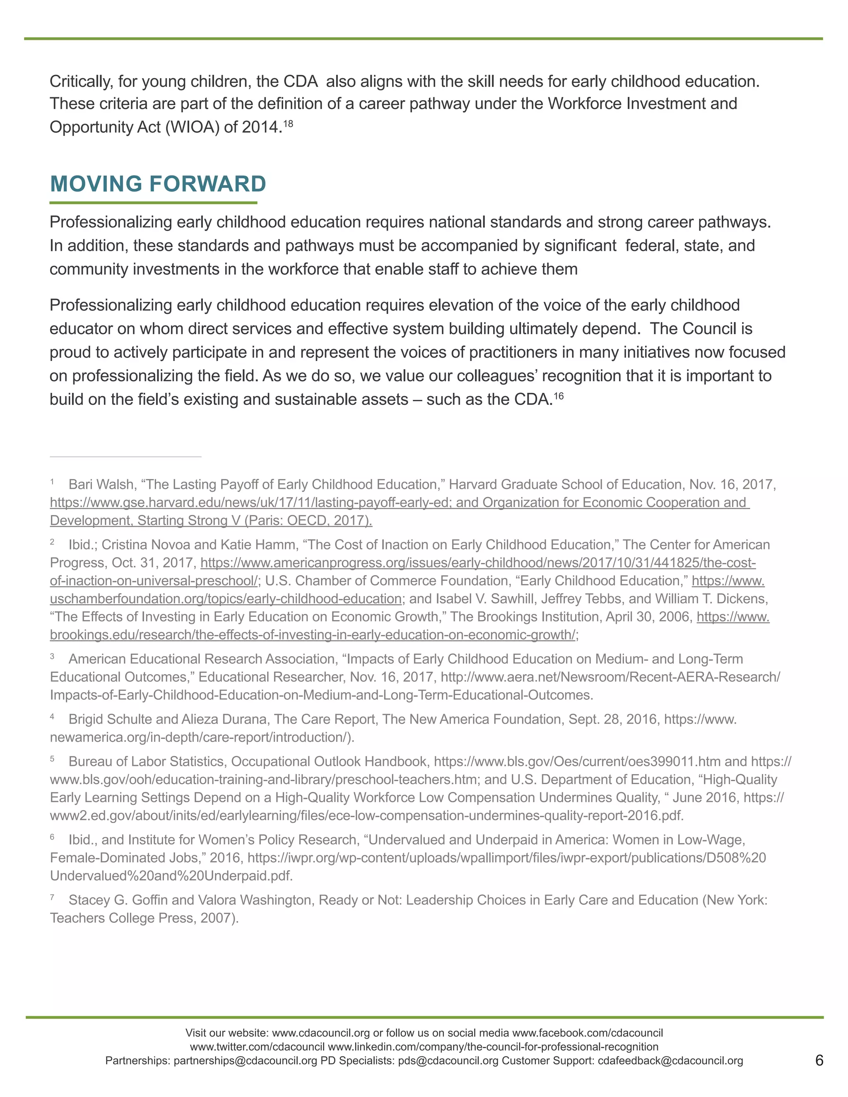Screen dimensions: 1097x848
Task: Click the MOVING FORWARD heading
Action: [x=158, y=184]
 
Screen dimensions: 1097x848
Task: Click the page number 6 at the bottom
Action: [x=819, y=1060]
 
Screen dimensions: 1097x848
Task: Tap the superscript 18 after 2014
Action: [x=288, y=122]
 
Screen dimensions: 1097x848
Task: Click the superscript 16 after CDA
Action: [x=559, y=396]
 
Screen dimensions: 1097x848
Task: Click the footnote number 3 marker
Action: [x=52, y=656]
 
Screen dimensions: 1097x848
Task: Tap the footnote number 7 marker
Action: [x=52, y=897]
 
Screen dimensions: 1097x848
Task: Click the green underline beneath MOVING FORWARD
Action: [x=153, y=203]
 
